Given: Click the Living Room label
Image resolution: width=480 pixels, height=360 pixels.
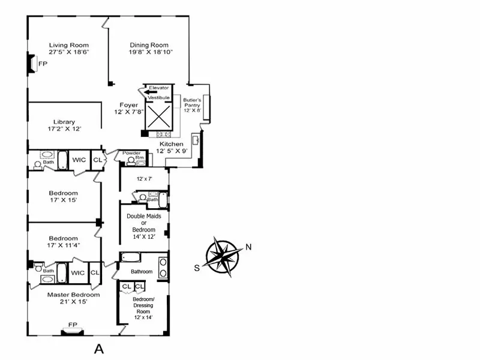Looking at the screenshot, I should click(x=69, y=45).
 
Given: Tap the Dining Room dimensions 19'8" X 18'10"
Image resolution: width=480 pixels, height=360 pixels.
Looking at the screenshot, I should click(x=149, y=53).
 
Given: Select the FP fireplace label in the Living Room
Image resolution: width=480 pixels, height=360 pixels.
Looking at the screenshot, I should click(x=43, y=64).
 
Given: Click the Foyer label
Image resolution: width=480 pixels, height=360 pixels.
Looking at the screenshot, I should click(x=128, y=105).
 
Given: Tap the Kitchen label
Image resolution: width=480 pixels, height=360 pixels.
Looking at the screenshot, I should click(x=171, y=144).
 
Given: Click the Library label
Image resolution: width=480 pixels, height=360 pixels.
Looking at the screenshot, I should click(x=64, y=122).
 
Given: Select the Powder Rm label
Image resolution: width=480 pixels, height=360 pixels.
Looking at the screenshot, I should click(x=131, y=153).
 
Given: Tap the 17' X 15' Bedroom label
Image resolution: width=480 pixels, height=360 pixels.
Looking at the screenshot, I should click(x=63, y=193).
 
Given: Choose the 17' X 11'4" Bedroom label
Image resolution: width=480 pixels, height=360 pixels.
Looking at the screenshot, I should click(x=63, y=238).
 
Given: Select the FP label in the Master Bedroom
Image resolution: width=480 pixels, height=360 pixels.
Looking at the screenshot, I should click(x=73, y=325).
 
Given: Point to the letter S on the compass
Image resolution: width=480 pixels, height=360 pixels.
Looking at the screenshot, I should click(x=196, y=268).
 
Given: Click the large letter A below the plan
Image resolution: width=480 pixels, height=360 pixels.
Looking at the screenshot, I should click(x=100, y=347).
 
